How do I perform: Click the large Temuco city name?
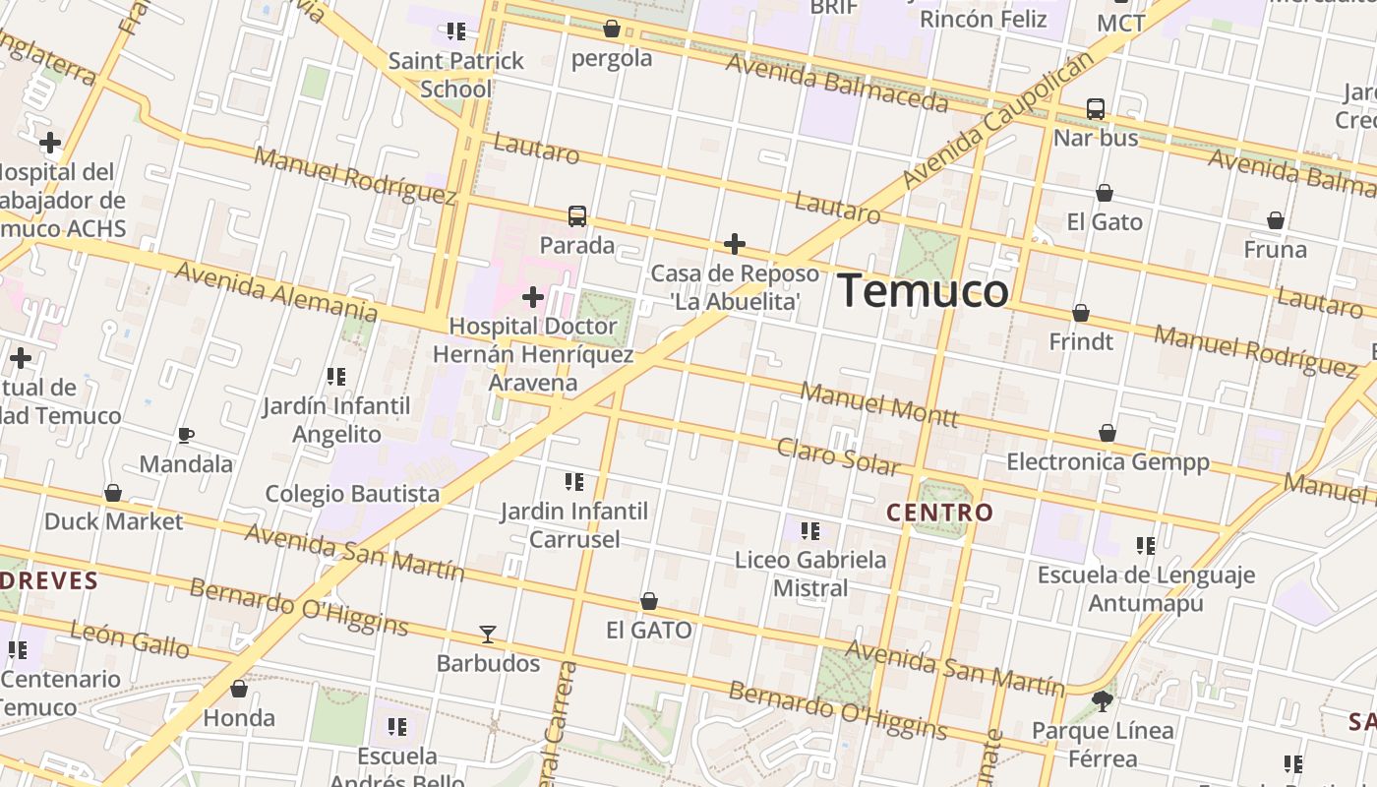[x=923, y=291]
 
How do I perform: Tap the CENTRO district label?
[x=939, y=513]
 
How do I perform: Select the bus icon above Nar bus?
[x=1096, y=109]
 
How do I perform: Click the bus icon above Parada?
[x=577, y=216]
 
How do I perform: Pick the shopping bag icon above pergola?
[x=612, y=29]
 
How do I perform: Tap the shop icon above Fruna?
[x=1276, y=220]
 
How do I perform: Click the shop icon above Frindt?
[x=1081, y=313]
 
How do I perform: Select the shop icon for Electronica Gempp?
[x=1108, y=433]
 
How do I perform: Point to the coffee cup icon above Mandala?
[x=185, y=435]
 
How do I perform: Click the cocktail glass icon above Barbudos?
[x=488, y=635]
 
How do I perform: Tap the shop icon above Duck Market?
[x=113, y=492]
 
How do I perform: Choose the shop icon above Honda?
[x=239, y=689]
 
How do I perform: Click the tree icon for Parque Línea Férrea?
[x=1103, y=701]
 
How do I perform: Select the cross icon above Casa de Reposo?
[x=735, y=244]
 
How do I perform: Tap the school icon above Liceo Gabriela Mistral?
[x=810, y=531]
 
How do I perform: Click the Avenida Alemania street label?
[x=275, y=291]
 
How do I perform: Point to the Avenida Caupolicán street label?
[x=997, y=119]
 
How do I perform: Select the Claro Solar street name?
[x=838, y=456]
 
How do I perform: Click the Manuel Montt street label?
[x=878, y=403]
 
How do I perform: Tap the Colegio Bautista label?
[x=352, y=493]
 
